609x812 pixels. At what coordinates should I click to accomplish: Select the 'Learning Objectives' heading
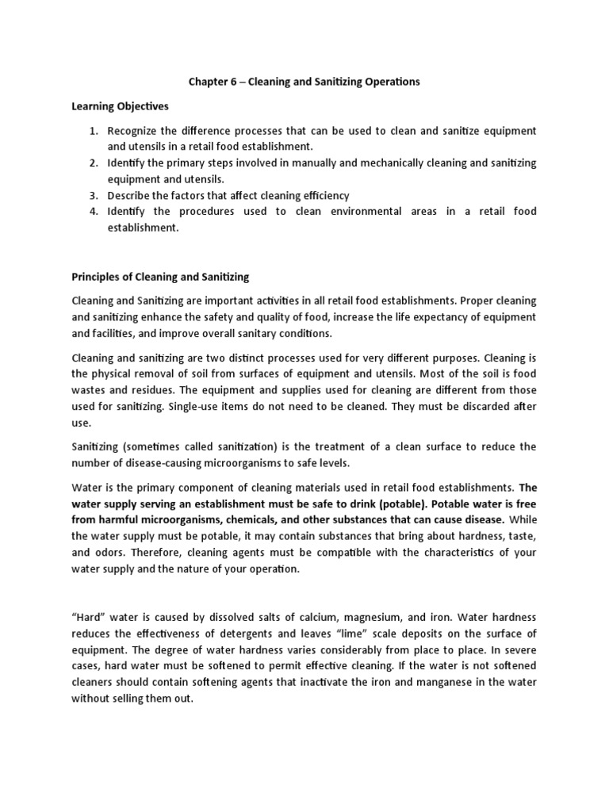pos(121,105)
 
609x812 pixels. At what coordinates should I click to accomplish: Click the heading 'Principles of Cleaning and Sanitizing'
pos(160,277)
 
